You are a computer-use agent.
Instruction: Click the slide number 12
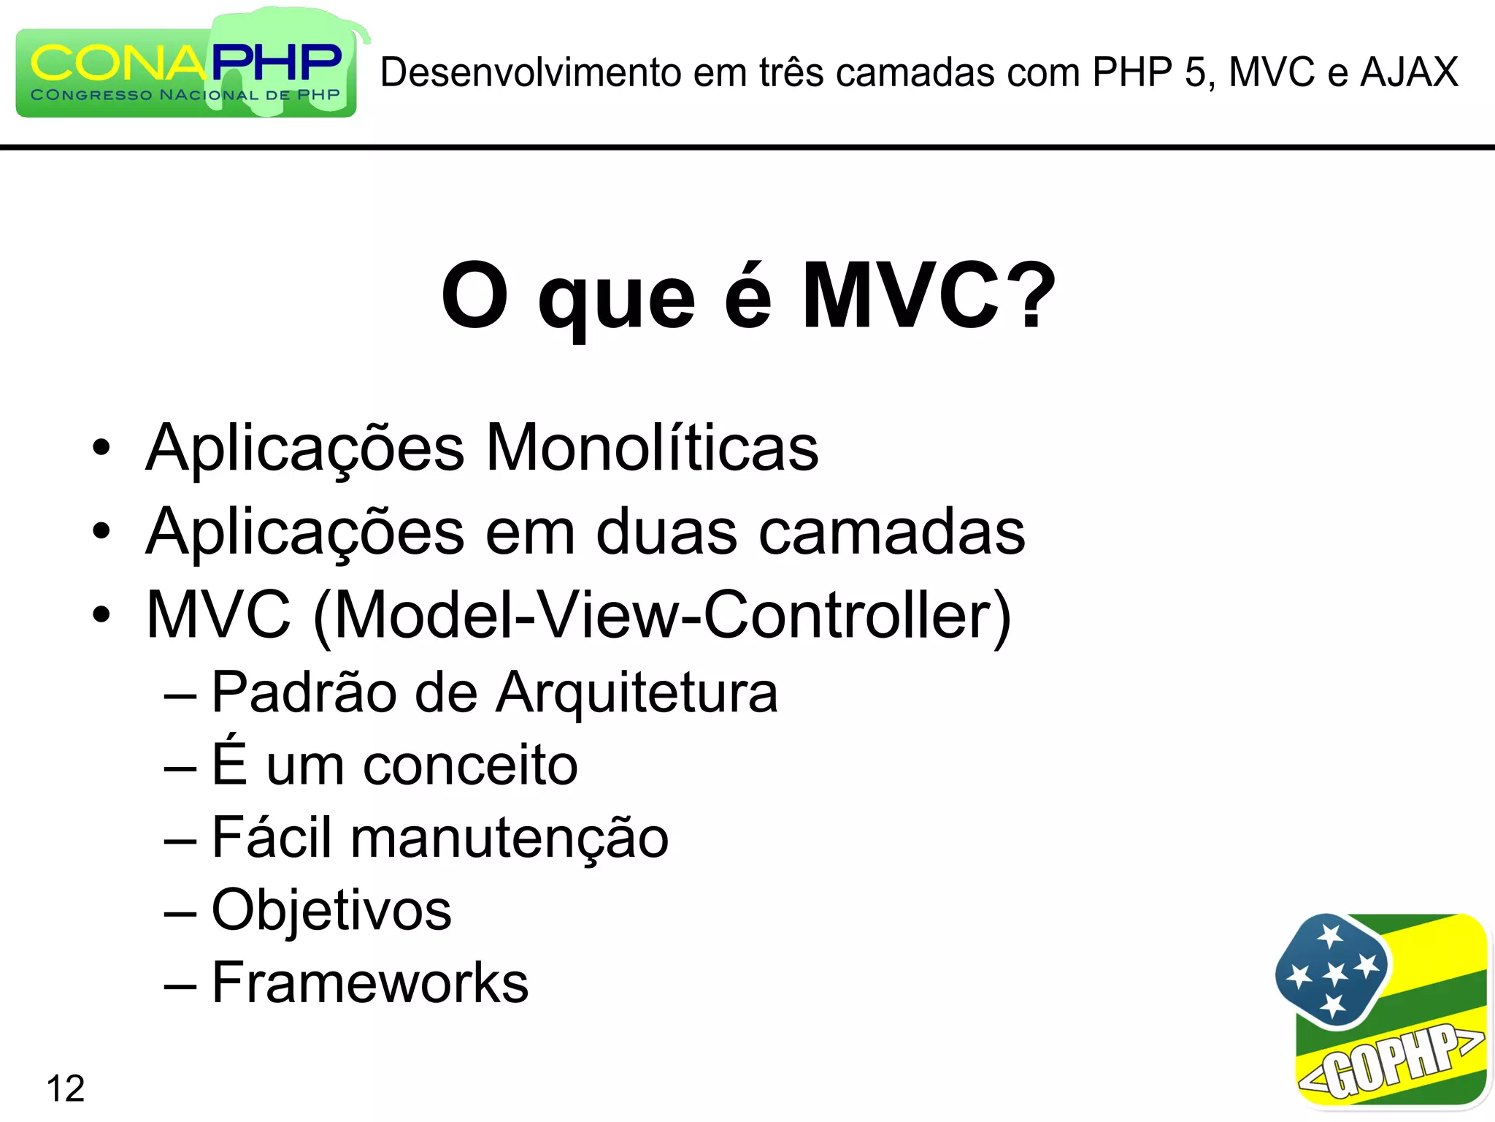(x=66, y=1088)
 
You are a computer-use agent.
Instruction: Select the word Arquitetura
(x=637, y=692)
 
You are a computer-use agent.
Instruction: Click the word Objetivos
(x=332, y=910)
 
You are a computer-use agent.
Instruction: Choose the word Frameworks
(x=370, y=983)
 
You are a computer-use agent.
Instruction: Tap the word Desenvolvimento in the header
(x=531, y=72)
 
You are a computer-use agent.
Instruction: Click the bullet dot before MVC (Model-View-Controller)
(x=101, y=614)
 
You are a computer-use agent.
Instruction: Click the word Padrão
(x=304, y=692)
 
